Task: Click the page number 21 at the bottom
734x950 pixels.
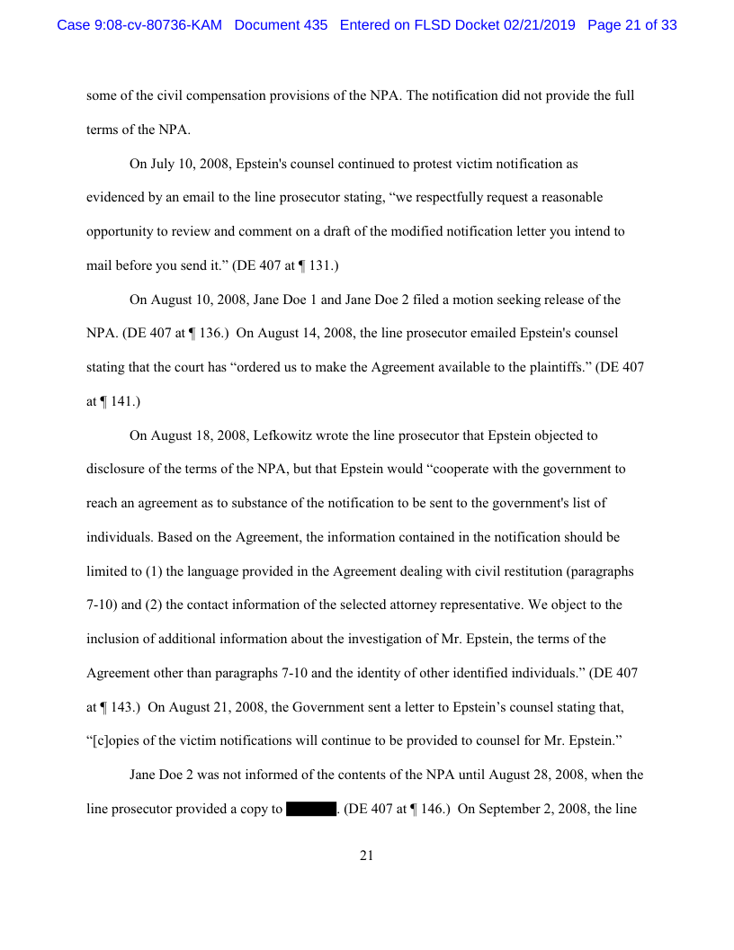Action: (366, 856)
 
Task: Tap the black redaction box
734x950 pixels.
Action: (310, 809)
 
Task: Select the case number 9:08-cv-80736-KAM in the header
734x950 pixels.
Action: (139, 25)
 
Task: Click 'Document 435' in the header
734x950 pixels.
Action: (281, 25)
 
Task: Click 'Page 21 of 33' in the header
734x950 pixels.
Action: (631, 25)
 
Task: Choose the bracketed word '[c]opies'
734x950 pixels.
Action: (114, 740)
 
